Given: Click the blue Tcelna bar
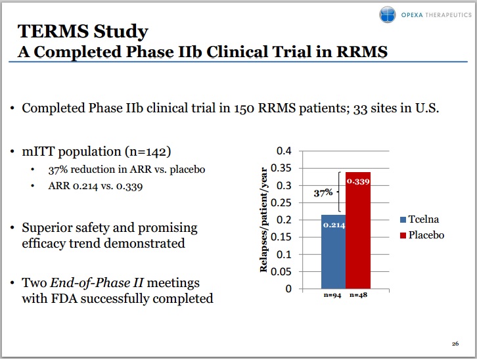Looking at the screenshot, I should point(334,256).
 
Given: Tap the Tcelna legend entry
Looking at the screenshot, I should point(420,219).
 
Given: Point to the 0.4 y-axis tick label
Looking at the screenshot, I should point(283,151).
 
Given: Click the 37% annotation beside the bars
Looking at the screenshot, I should point(323,193).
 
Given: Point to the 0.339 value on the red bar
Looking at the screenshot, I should point(358,181).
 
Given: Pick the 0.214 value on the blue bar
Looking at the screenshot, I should point(334,225).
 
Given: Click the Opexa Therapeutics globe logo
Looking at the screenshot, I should point(388,15).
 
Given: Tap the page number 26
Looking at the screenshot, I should point(455,344).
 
